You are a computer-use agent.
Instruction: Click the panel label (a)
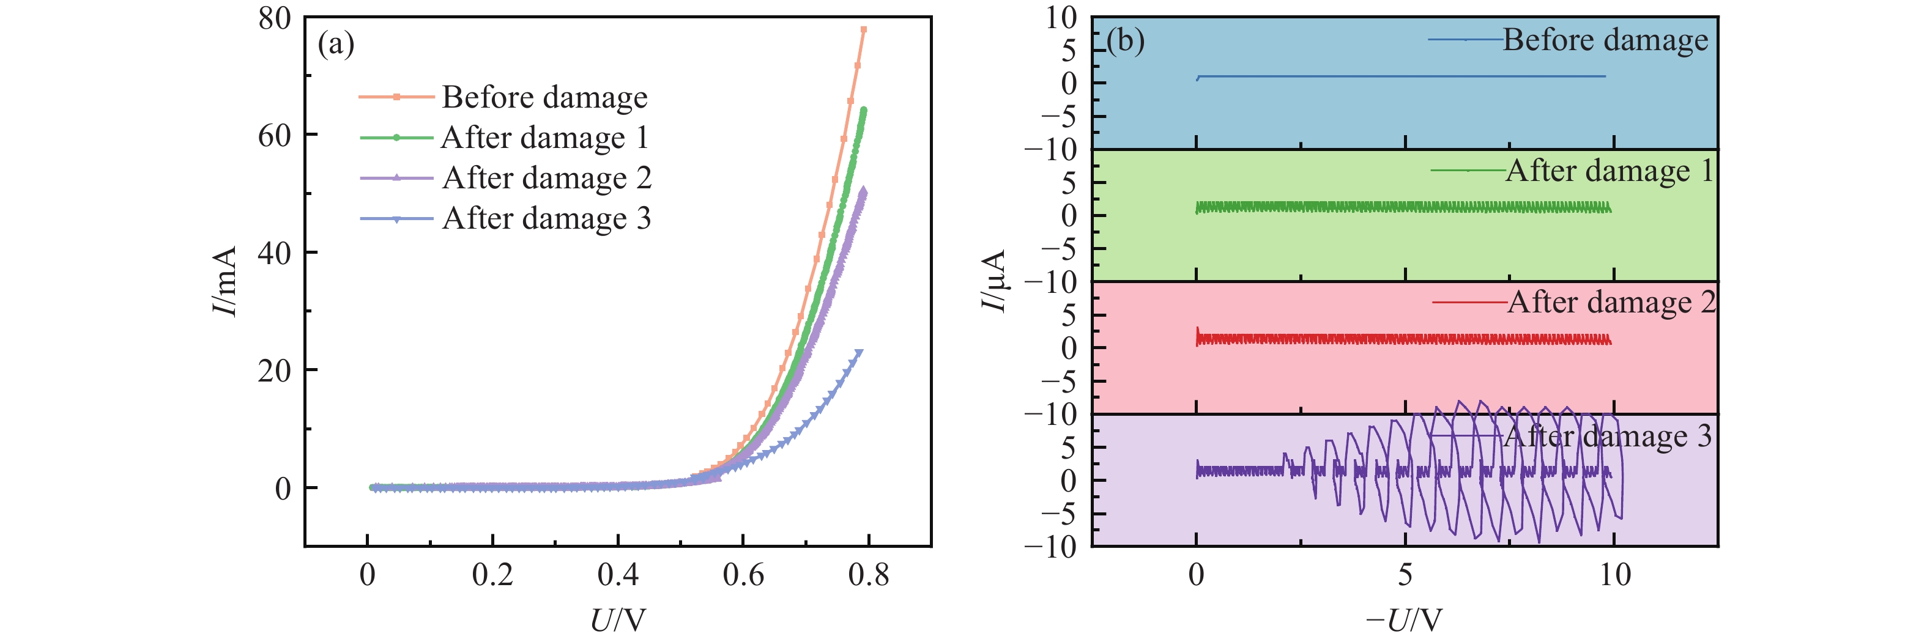(336, 44)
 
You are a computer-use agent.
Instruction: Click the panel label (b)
(1125, 40)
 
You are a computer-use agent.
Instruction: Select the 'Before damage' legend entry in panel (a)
(544, 97)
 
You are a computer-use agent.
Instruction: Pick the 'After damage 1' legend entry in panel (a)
(544, 138)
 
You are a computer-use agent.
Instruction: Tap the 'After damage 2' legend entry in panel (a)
(546, 178)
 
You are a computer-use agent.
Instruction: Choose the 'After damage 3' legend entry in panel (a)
(546, 218)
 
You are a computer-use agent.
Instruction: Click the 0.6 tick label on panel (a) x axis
(743, 575)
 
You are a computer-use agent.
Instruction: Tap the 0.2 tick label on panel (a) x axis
(492, 575)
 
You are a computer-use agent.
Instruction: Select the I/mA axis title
(225, 281)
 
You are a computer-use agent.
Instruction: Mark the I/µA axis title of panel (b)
(993, 281)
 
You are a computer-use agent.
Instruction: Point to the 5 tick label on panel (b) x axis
(1406, 575)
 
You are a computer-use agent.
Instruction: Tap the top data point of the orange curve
(863, 30)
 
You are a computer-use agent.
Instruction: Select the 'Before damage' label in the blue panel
(1605, 40)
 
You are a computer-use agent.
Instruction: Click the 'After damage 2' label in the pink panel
(1611, 303)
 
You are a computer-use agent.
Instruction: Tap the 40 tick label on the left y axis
(275, 253)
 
